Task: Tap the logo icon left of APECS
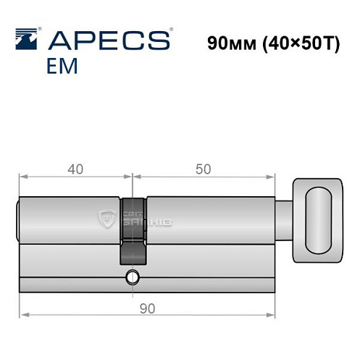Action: tap(27, 39)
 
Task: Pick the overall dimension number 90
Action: tap(147, 308)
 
